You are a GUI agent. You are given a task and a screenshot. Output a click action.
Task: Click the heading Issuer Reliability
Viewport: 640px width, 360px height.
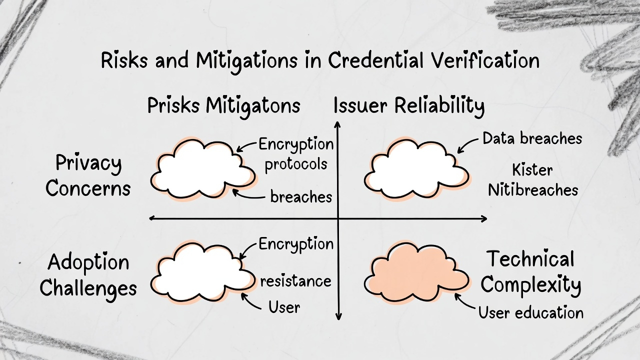pyautogui.click(x=408, y=106)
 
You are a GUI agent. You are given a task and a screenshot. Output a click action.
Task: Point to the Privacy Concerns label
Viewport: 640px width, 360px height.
pyautogui.click(x=88, y=175)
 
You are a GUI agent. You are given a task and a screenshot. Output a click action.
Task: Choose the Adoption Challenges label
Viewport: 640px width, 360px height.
pyautogui.click(x=88, y=275)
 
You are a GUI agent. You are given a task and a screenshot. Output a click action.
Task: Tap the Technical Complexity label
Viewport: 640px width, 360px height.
pyautogui.click(x=530, y=272)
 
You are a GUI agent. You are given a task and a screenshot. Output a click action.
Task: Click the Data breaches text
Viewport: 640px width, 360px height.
pyautogui.click(x=532, y=138)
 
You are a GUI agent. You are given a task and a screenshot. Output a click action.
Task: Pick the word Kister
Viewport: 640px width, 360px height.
pyautogui.click(x=532, y=170)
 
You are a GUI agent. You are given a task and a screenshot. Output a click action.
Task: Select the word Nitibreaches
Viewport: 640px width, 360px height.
pyautogui.click(x=533, y=190)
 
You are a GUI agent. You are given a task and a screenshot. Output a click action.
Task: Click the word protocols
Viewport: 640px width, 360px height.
pyautogui.click(x=296, y=164)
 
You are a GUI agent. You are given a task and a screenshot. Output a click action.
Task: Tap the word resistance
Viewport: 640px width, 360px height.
pyautogui.click(x=295, y=280)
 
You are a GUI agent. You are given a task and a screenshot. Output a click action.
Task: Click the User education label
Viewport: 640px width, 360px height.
pyautogui.click(x=530, y=312)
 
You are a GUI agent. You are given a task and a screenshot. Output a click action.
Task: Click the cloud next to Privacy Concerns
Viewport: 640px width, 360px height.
pyautogui.click(x=202, y=169)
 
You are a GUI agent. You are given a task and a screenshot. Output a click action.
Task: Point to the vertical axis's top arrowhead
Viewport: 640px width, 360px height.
pyautogui.click(x=338, y=123)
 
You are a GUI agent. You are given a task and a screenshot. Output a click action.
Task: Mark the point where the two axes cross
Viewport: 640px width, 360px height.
pyautogui.click(x=338, y=218)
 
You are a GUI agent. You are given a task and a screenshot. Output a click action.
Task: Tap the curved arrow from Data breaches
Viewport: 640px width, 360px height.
pyautogui.click(x=467, y=145)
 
